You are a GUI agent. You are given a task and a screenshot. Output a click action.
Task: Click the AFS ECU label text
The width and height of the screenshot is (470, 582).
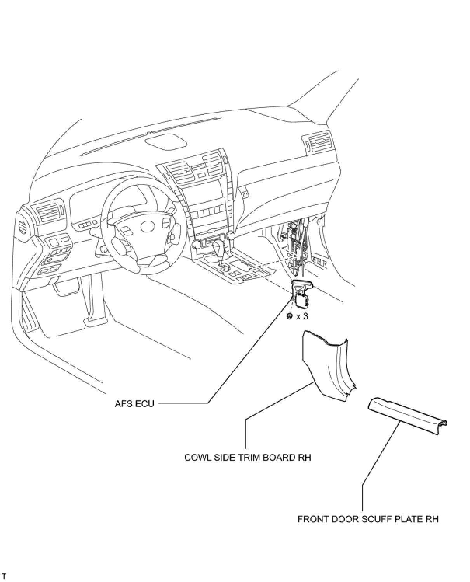pos(134,404)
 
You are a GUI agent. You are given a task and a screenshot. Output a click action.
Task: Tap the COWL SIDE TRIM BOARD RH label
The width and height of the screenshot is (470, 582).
pos(248,457)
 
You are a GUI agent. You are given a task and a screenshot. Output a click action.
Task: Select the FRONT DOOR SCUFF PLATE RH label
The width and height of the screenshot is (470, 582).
pos(368,519)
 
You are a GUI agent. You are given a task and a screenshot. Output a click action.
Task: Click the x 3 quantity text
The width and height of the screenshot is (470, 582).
pos(302,316)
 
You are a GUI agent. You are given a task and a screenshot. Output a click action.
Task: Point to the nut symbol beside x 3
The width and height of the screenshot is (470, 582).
pos(289,316)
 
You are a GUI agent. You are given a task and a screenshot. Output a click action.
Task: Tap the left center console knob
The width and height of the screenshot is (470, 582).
pos(195,244)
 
